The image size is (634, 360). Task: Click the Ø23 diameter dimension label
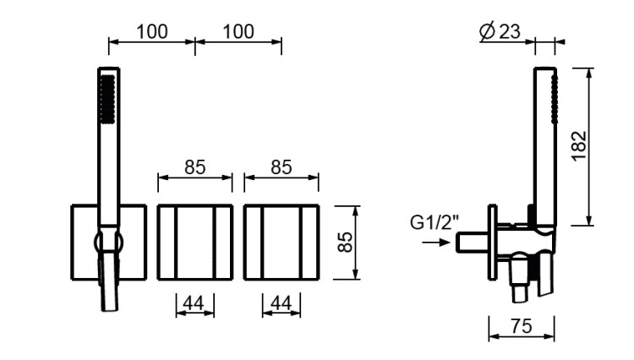point(500,31)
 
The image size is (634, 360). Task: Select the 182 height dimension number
point(579,146)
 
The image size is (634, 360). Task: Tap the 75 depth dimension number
point(522,326)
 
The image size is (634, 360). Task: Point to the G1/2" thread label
point(435,222)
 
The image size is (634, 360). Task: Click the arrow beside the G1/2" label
point(436,243)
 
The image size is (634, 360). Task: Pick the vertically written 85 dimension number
point(345,242)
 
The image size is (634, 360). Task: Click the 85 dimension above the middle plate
point(195,166)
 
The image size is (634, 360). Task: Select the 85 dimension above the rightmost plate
point(281,166)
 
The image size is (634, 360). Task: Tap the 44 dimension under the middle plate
point(194,303)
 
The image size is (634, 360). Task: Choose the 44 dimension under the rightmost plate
point(281,303)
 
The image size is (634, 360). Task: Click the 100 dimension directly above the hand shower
point(152,31)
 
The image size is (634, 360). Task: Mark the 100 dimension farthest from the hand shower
point(238,31)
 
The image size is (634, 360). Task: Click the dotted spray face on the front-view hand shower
point(107,100)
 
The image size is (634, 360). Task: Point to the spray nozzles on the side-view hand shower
point(555,100)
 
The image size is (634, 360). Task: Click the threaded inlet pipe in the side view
point(473,243)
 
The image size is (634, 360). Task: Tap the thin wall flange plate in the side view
point(493,243)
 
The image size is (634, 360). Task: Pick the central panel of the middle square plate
point(195,243)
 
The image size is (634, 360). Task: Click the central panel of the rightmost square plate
point(281,243)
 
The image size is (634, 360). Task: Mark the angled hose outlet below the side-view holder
point(519,281)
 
